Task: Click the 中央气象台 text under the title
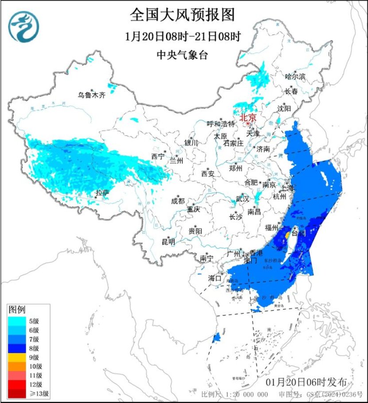point(182,55)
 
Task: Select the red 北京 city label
point(248,118)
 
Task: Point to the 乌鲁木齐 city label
point(92,94)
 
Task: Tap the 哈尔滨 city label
point(295,77)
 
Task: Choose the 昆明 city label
point(168,242)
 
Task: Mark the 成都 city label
point(178,201)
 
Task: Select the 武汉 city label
point(243,199)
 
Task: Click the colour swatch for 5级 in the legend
point(17,321)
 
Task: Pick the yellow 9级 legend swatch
point(17,357)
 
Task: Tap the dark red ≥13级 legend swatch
point(17,393)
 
